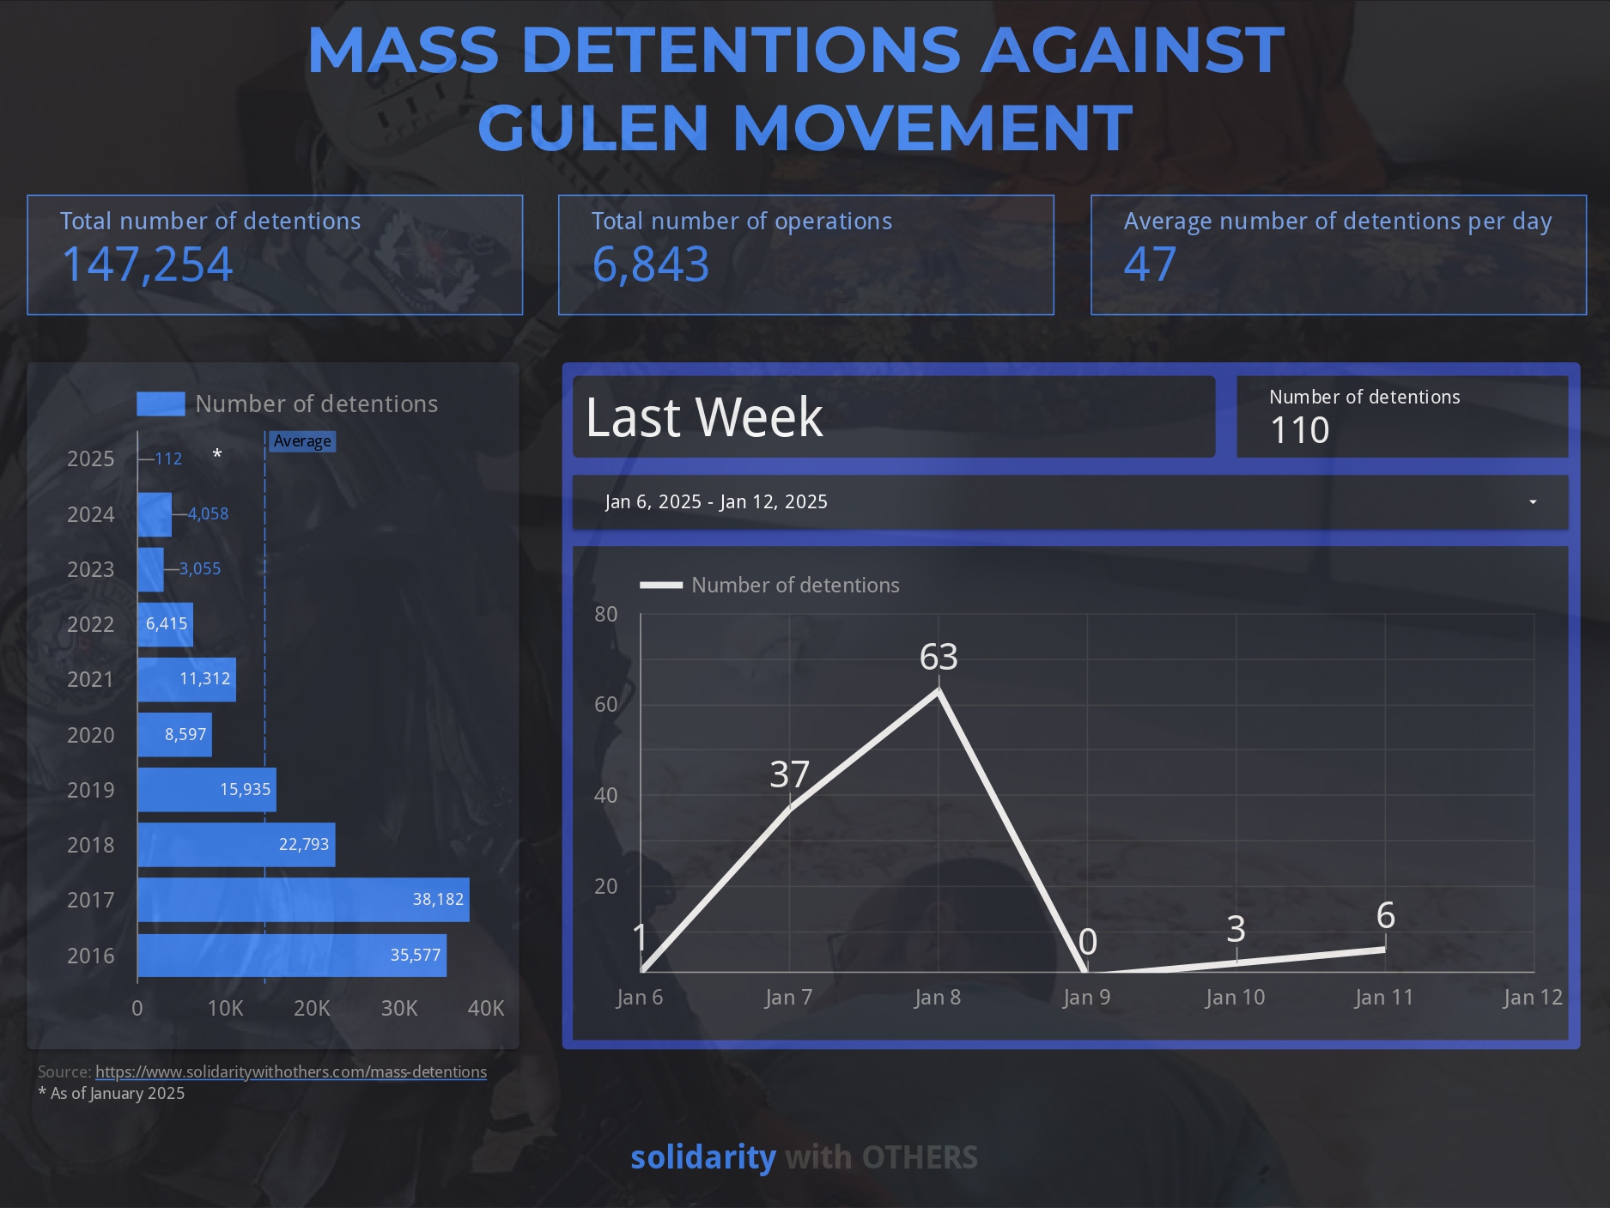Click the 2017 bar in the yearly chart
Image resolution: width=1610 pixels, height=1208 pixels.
[303, 900]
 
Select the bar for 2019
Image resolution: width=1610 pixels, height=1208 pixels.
[207, 790]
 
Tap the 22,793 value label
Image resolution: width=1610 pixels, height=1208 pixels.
[304, 845]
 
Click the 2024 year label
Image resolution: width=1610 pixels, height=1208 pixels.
[90, 514]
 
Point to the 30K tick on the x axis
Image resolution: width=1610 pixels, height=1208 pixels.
[399, 1008]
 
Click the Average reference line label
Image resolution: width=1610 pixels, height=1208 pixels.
[302, 441]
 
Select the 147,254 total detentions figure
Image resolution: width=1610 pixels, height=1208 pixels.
[147, 264]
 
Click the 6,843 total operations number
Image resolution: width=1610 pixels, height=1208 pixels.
[650, 264]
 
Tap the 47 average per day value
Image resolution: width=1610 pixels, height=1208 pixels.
[1150, 264]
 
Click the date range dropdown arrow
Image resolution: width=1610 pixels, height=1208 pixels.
[1533, 502]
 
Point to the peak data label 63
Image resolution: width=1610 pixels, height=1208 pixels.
[939, 657]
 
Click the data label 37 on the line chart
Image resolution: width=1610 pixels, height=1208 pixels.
[789, 774]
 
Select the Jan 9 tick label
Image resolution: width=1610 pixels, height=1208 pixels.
[1086, 998]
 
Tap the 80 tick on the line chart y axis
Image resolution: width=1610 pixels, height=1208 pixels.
[606, 614]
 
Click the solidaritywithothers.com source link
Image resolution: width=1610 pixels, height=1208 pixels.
[290, 1071]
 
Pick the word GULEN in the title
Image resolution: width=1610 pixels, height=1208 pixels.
[592, 127]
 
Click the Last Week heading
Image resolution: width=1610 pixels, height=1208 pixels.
[704, 417]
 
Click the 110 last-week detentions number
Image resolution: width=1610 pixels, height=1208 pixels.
[1299, 430]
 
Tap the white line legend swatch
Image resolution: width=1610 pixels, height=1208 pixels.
[661, 586]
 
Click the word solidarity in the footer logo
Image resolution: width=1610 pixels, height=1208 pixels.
[703, 1157]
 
